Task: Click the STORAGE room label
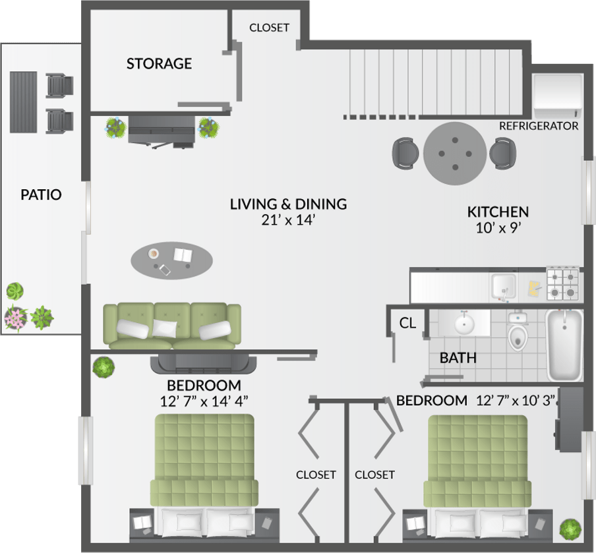pyautogui.click(x=159, y=63)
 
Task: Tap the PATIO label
pyautogui.click(x=41, y=194)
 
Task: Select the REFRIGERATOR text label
pyautogui.click(x=539, y=126)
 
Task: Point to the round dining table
pyautogui.click(x=455, y=154)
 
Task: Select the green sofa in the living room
pyautogui.click(x=172, y=326)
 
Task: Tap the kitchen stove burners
pyautogui.click(x=563, y=284)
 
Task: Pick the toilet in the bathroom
pyautogui.click(x=518, y=332)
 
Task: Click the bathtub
pyautogui.click(x=564, y=345)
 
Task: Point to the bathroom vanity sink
pyautogui.click(x=464, y=324)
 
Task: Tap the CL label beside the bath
pyautogui.click(x=407, y=323)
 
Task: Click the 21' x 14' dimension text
pyautogui.click(x=288, y=220)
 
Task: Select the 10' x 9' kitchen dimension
pyautogui.click(x=498, y=228)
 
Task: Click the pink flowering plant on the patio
pyautogui.click(x=16, y=318)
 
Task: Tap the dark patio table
pyautogui.click(x=23, y=102)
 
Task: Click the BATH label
pyautogui.click(x=458, y=358)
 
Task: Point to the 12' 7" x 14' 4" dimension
pyautogui.click(x=204, y=401)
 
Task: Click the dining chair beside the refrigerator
pyautogui.click(x=502, y=154)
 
